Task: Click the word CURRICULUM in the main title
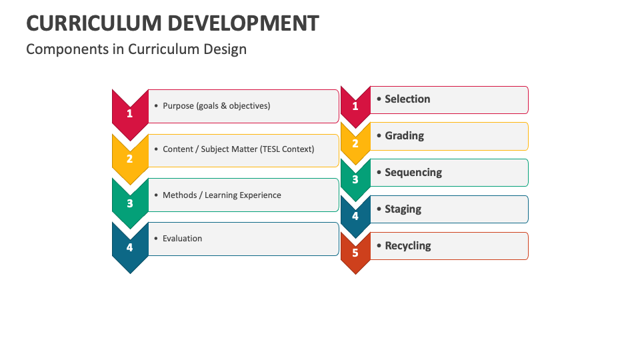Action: pos(94,23)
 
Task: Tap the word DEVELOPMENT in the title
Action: pos(244,23)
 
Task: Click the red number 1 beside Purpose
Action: pos(130,113)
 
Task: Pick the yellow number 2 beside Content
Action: pos(130,159)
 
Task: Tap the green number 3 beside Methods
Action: pos(130,203)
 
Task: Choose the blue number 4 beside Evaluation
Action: pos(130,247)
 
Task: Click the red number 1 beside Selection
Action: pos(355,106)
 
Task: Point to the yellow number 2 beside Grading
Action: pos(355,143)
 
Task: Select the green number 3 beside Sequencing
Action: pos(355,179)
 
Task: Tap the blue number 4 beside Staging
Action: pos(355,216)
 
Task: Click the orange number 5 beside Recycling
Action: pos(355,253)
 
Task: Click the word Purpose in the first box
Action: pos(179,106)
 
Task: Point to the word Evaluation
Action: pos(183,239)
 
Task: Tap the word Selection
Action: pos(407,99)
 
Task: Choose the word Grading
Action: pos(405,136)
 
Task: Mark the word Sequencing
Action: pos(413,173)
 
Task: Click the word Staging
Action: pos(403,209)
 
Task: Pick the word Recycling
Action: pos(408,246)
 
